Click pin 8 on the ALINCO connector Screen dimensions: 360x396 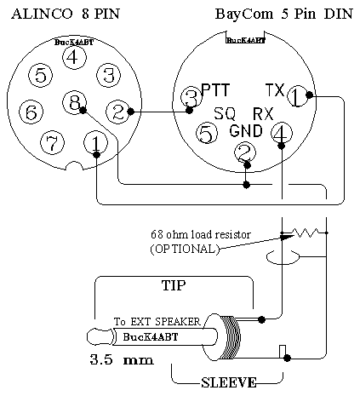point(74,102)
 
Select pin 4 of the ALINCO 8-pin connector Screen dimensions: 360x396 point(74,57)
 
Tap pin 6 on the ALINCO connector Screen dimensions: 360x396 point(31,112)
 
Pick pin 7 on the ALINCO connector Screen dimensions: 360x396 point(53,143)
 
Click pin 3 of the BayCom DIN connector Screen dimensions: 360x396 point(191,97)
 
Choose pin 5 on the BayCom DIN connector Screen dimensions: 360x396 point(207,133)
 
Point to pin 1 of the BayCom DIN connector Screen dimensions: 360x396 point(298,96)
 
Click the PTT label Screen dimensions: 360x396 point(215,90)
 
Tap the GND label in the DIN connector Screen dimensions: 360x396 point(246,131)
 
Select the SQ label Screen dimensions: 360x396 point(225,113)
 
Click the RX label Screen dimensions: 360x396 point(263,114)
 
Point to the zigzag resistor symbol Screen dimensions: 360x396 point(307,232)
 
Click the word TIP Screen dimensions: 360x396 point(174,285)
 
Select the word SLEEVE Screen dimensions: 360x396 point(229,382)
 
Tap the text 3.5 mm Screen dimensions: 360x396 point(122,359)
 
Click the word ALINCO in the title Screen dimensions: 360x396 point(42,14)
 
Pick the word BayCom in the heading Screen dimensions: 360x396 point(244,14)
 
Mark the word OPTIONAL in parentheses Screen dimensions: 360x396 point(185,250)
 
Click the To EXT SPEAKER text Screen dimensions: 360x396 point(157,322)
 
